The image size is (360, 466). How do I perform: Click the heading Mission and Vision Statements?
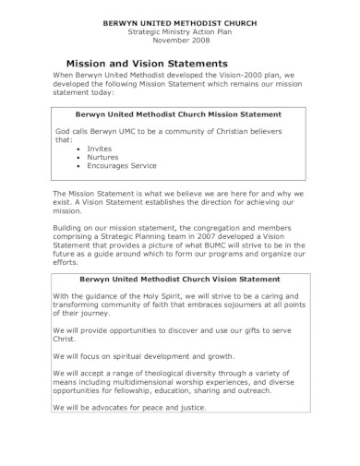154,61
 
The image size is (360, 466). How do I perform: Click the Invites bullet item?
100,147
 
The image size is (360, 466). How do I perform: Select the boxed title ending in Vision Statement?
180,278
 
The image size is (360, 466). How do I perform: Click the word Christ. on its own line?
66,340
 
